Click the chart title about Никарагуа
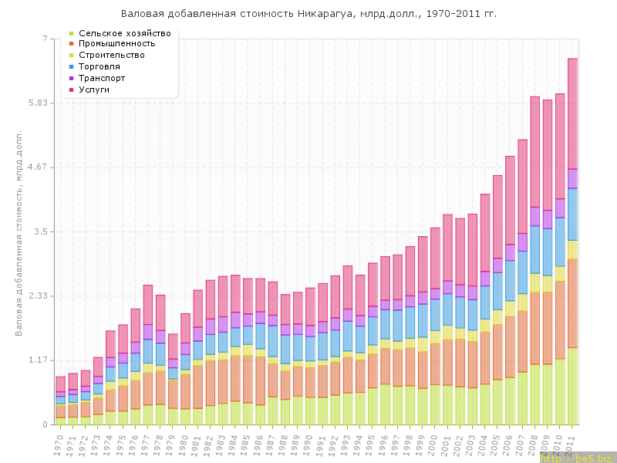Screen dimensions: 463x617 pyautogui.click(x=308, y=14)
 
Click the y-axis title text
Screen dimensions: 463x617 pyautogui.click(x=19, y=231)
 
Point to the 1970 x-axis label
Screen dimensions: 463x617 pyautogui.click(x=59, y=444)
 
